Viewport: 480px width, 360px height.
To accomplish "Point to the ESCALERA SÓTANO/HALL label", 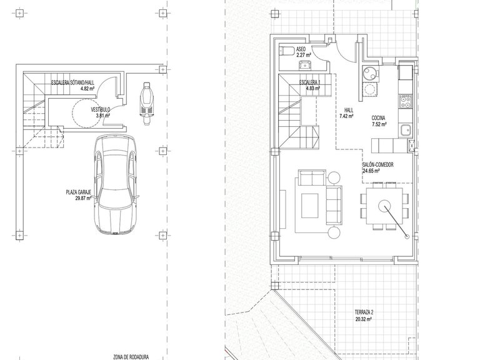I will coord(72,83).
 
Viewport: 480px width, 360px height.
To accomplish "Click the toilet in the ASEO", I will coord(287,50).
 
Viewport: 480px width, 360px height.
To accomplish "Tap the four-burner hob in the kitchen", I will coord(406,101).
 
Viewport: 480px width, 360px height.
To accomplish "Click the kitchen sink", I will coord(405,131).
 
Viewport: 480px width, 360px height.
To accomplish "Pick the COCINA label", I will coord(379,118).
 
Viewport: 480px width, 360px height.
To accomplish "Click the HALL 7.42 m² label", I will coord(346,112).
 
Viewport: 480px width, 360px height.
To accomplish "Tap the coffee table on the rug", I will coord(309,204).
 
